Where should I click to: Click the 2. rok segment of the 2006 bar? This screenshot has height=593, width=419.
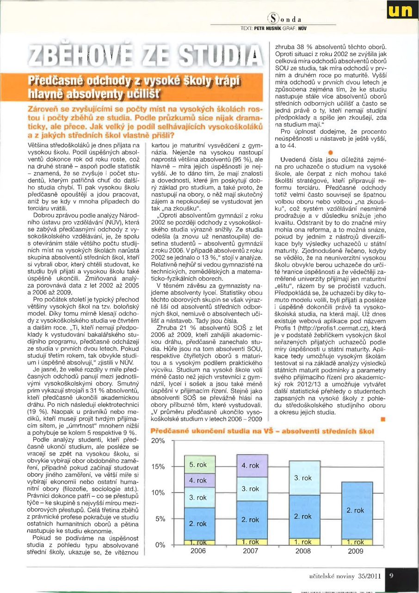point(198,524)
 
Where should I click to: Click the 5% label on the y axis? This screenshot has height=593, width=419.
point(160,518)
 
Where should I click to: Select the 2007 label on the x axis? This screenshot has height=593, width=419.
point(250,551)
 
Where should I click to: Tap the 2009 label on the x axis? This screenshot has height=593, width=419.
point(355,551)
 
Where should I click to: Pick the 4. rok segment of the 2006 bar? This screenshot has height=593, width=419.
point(198,481)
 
